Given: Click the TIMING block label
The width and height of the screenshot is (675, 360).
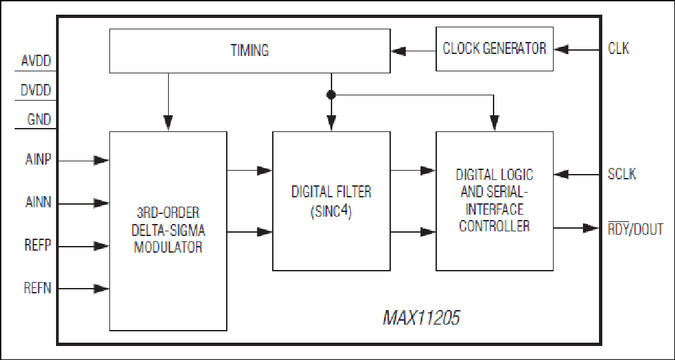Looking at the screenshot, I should tap(249, 50).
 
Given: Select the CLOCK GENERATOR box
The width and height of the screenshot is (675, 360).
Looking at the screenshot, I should tap(494, 49).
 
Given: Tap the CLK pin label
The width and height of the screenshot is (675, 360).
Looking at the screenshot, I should tap(618, 49).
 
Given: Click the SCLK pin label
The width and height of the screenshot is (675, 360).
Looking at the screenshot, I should tap(622, 174).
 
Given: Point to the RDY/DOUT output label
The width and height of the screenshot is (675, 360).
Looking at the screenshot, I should tap(634, 229).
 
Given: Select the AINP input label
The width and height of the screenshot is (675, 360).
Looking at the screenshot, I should tap(37, 160).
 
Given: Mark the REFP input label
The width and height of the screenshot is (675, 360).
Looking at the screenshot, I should tap(37, 246).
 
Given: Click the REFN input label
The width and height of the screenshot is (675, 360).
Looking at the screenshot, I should tap(37, 289).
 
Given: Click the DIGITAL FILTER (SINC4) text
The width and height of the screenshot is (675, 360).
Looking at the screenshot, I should tap(331, 201).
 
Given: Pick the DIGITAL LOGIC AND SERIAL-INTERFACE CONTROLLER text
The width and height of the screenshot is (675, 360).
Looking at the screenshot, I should tap(494, 200).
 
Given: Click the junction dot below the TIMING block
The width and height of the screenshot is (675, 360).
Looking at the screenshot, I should tap(331, 95).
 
